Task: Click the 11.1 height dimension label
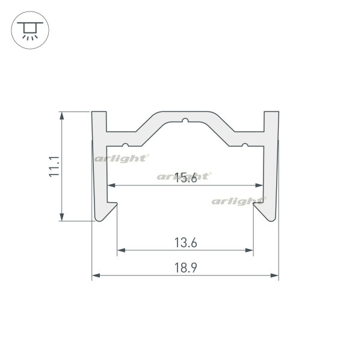point(54,167)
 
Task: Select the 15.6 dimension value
point(186,177)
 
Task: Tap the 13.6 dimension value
point(186,243)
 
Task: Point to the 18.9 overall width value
point(186,268)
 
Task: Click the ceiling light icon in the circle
point(30,30)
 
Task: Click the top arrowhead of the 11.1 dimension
point(62,116)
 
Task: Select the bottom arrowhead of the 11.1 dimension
point(62,217)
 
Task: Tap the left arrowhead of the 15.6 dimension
point(111,185)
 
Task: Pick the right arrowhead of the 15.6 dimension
point(259,185)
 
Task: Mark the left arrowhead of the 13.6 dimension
point(121,250)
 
